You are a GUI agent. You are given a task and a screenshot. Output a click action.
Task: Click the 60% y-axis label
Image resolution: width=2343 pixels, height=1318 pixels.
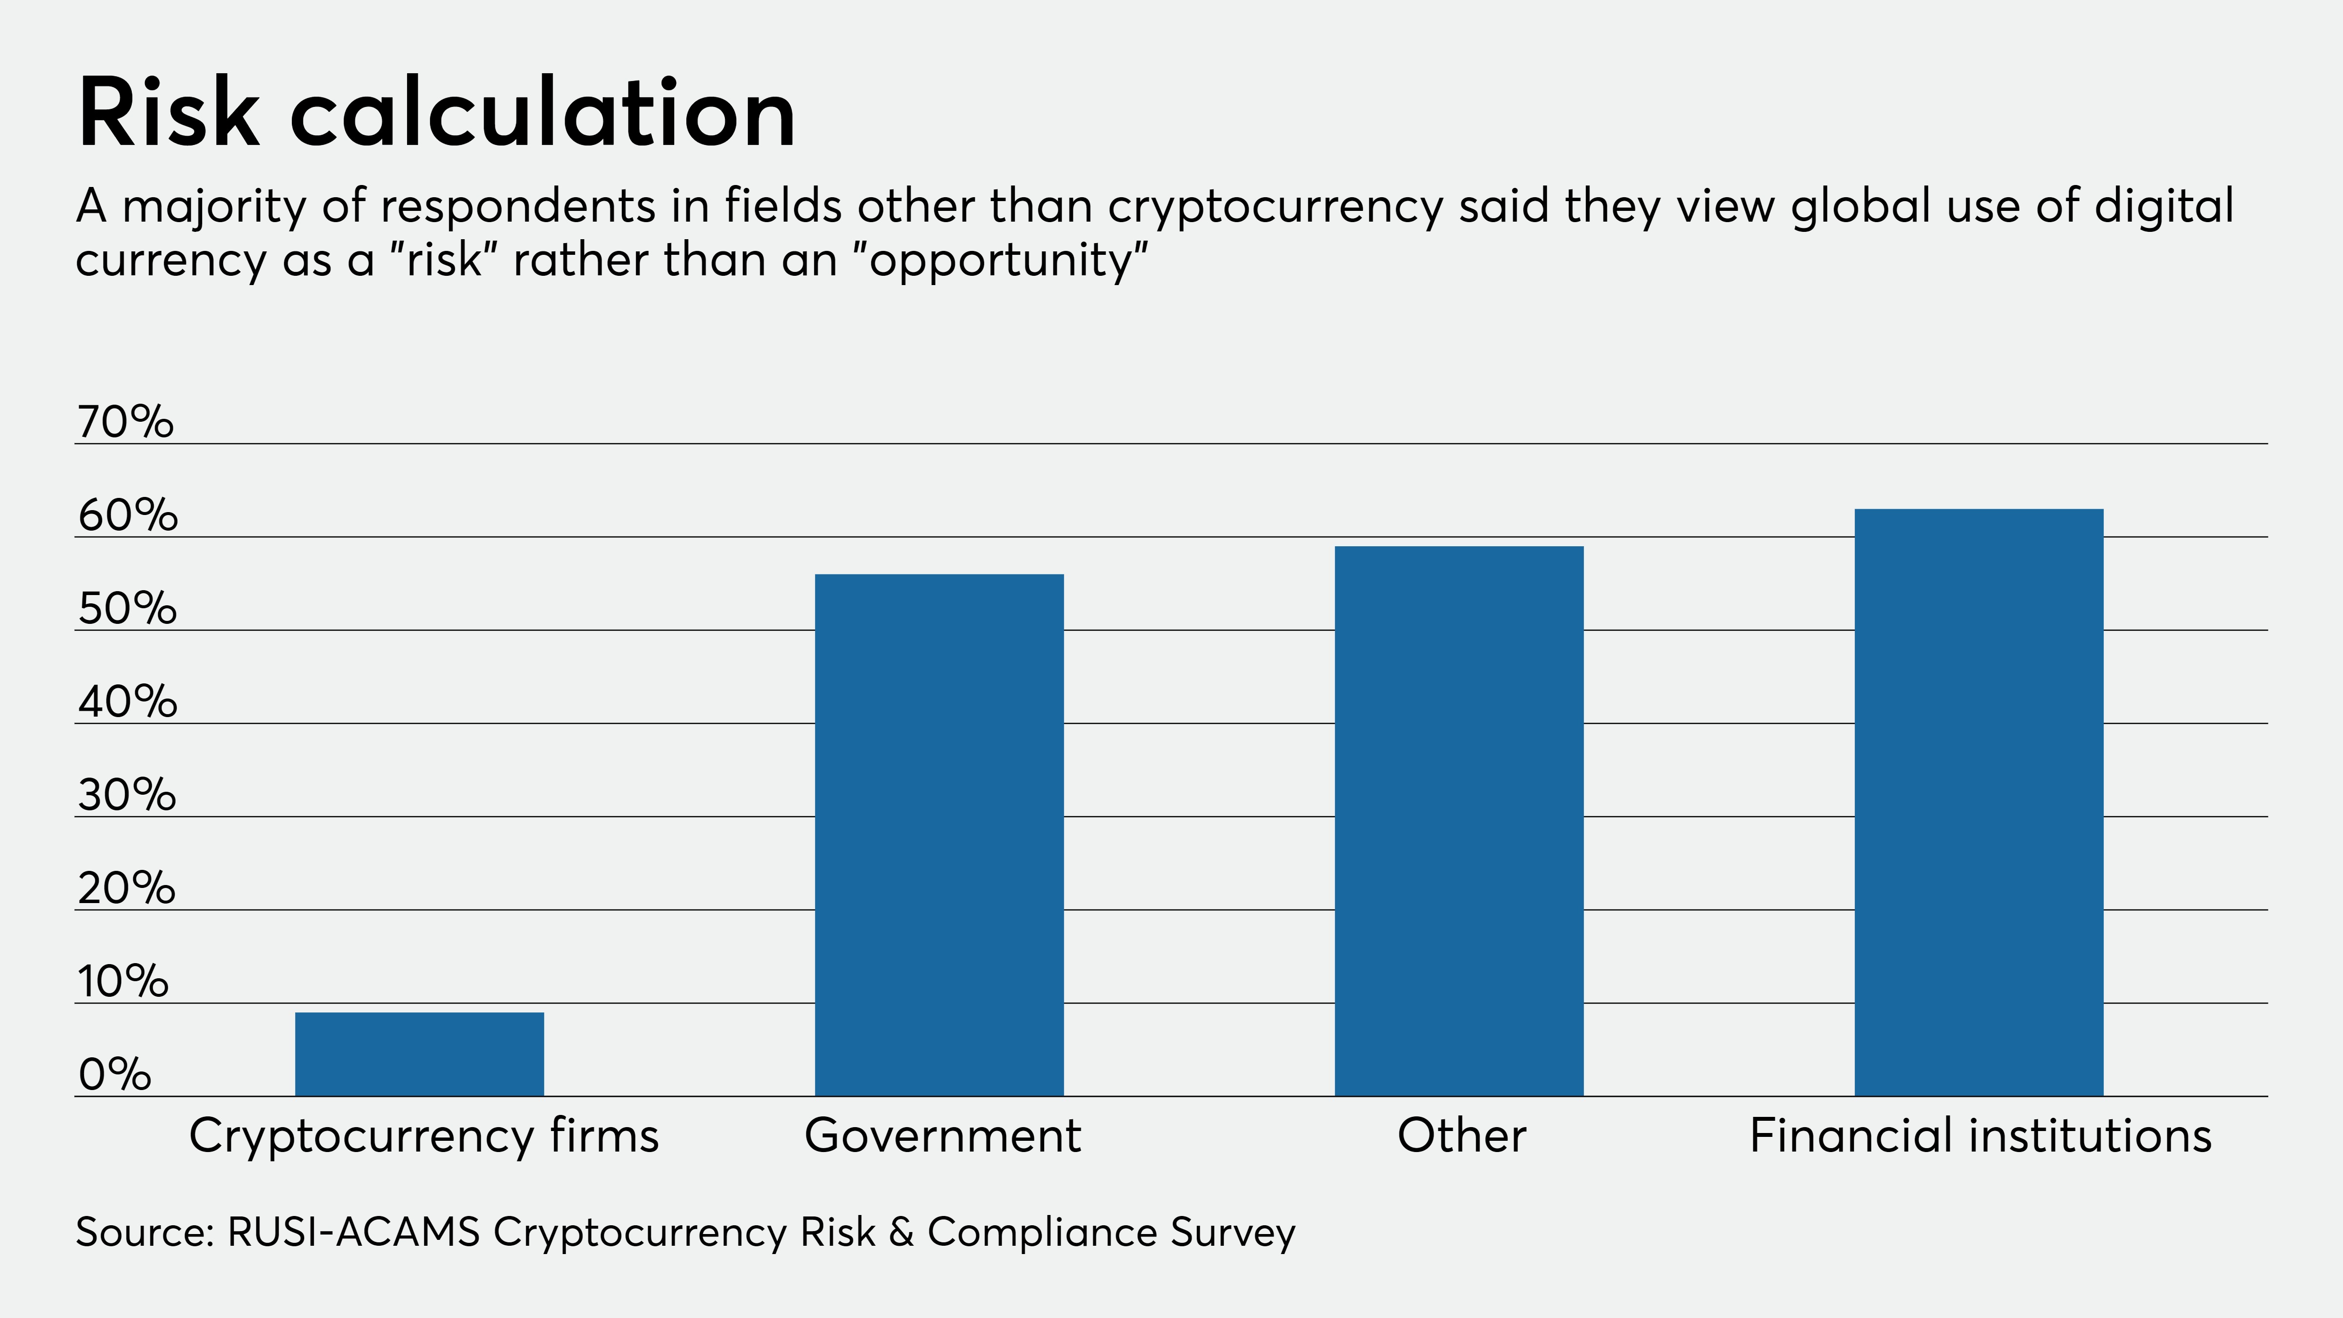click(127, 516)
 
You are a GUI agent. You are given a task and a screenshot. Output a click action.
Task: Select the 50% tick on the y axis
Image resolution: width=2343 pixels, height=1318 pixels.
click(127, 609)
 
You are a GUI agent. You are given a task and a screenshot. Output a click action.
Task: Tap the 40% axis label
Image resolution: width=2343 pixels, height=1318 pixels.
click(127, 702)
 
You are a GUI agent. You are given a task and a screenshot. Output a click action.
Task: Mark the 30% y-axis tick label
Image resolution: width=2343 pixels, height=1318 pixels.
click(126, 795)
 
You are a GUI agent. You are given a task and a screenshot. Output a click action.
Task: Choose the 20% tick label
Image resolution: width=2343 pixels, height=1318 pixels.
click(126, 888)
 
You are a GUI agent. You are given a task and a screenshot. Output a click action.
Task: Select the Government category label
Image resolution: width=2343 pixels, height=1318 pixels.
click(942, 1136)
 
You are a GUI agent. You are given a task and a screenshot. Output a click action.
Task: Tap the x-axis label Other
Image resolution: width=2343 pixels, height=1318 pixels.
click(1461, 1136)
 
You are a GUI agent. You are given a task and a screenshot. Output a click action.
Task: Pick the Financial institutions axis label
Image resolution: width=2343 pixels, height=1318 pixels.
click(1980, 1136)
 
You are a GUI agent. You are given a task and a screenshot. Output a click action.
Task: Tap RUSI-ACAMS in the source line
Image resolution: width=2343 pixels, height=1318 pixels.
click(353, 1233)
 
